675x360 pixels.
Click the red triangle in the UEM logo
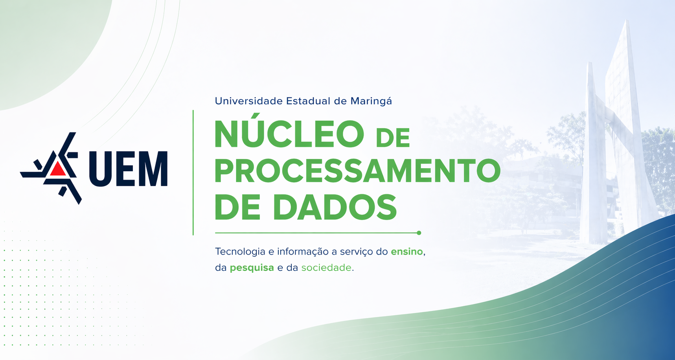tap(58, 169)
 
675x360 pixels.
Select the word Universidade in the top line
tap(249, 101)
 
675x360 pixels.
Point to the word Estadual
tap(308, 101)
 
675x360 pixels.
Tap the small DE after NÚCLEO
tap(393, 137)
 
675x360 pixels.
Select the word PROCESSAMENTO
tap(357, 171)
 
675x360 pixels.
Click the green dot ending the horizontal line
tap(419, 233)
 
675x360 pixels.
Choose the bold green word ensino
tap(406, 252)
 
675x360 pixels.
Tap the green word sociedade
tap(326, 268)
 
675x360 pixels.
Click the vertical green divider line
tap(193, 173)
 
